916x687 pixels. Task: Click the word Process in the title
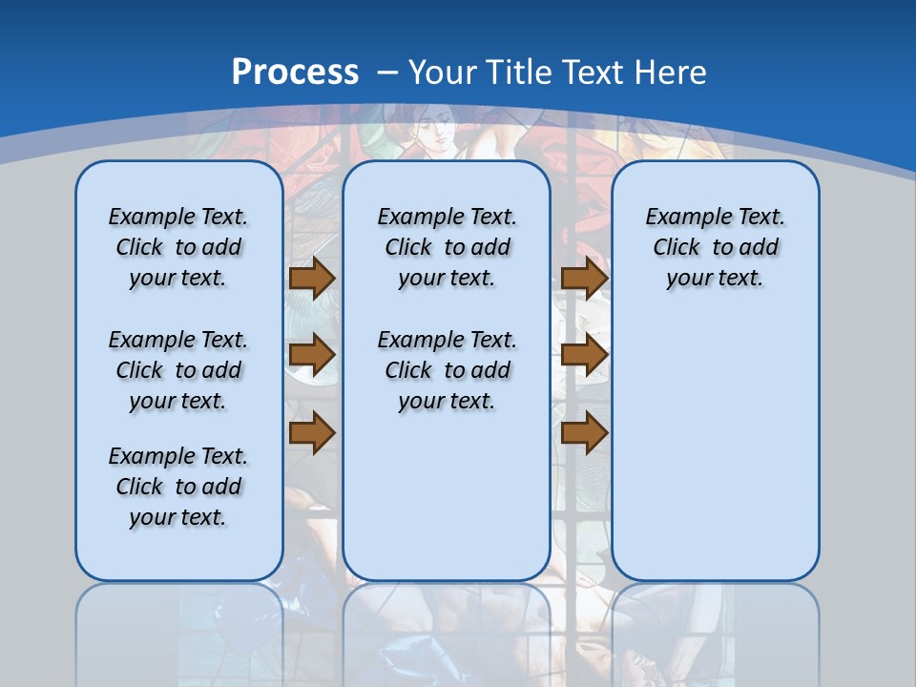tap(295, 73)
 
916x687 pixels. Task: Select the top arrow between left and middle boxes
tap(312, 278)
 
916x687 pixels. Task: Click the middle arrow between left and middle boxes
tap(312, 355)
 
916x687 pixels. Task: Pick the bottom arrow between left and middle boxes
tap(312, 432)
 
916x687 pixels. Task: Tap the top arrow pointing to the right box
tap(584, 278)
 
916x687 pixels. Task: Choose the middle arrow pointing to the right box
tap(584, 355)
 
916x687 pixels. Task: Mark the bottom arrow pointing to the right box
tap(584, 432)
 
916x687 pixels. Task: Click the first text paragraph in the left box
tap(178, 247)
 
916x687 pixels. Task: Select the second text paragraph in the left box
tap(178, 370)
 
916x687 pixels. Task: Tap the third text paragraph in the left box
tap(178, 487)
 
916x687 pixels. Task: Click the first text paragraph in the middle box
tap(447, 247)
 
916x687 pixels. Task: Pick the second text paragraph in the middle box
tap(447, 370)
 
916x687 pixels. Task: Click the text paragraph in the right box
tap(715, 247)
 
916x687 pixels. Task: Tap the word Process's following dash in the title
tap(387, 73)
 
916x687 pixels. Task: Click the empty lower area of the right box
tap(715, 448)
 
